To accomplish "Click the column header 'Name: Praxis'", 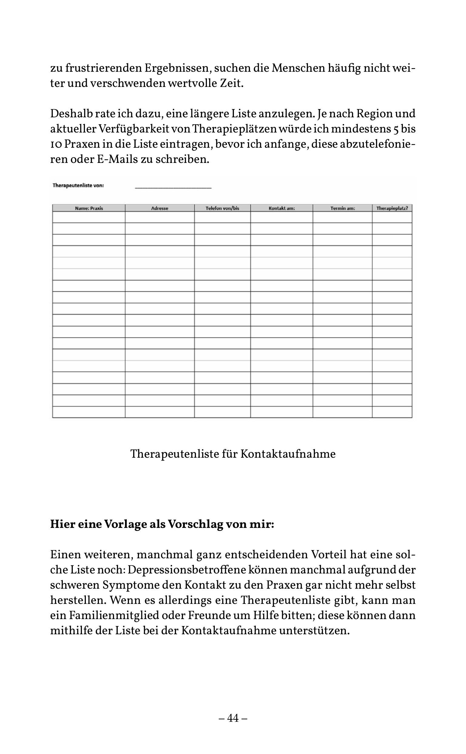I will [x=89, y=208].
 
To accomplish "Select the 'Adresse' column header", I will [x=160, y=208].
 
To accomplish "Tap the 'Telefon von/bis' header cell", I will [x=222, y=208].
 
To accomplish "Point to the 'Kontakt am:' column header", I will [x=282, y=208].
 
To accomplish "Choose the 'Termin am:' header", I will [x=343, y=208].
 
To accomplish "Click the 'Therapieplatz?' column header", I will [x=392, y=208].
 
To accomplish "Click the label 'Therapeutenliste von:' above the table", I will [x=78, y=185].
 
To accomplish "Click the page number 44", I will [x=233, y=718].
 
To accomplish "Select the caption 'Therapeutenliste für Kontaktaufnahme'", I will [x=233, y=454].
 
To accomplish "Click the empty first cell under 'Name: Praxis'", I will [x=89, y=217].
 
